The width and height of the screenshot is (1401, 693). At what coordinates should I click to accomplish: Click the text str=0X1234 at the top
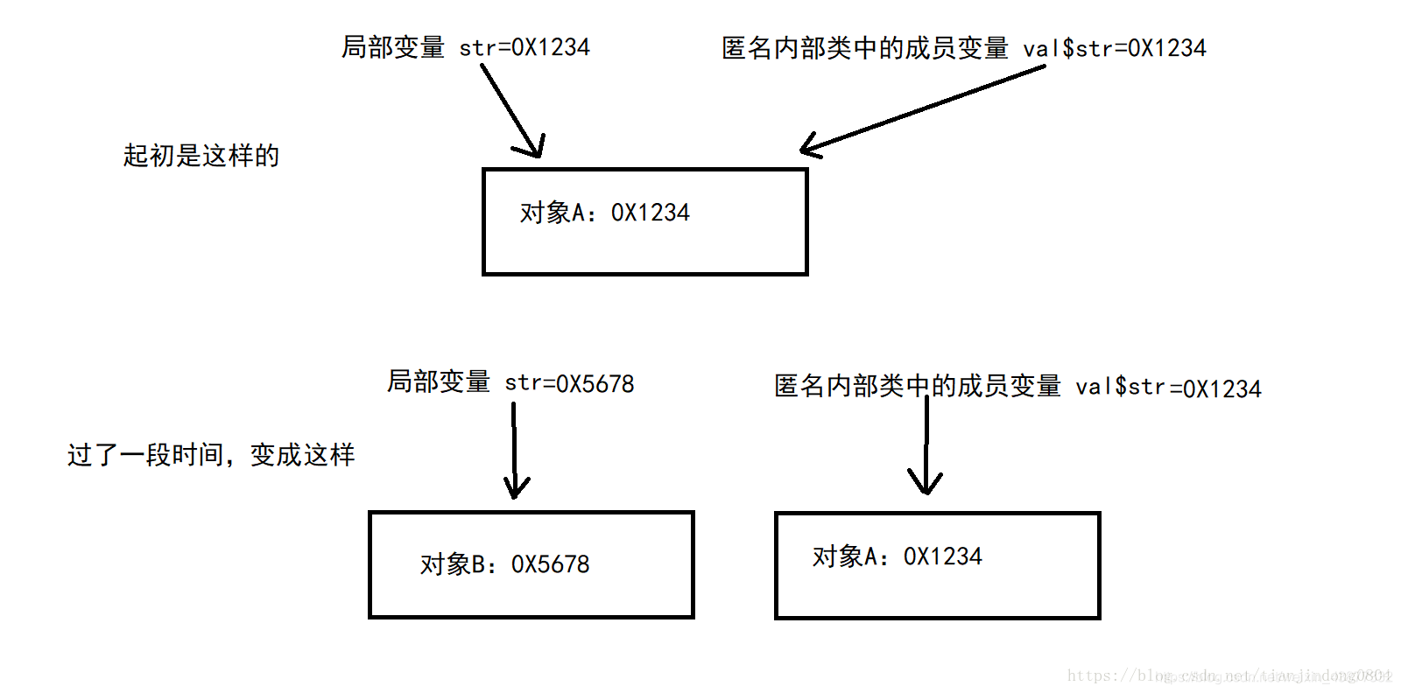(x=524, y=47)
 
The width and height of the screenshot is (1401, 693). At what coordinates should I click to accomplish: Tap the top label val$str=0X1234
(x=1114, y=48)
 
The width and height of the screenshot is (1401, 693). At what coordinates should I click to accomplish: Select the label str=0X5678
(x=569, y=383)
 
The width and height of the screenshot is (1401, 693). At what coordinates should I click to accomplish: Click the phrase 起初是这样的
(x=201, y=156)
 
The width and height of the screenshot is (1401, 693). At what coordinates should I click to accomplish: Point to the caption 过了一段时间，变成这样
(x=211, y=455)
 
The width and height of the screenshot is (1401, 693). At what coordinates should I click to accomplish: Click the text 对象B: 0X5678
(x=504, y=564)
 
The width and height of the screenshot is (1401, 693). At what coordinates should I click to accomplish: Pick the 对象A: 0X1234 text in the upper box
(x=604, y=213)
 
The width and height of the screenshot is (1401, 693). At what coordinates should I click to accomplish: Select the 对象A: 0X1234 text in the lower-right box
(x=897, y=556)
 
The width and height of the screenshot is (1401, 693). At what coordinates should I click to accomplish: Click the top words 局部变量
(x=393, y=47)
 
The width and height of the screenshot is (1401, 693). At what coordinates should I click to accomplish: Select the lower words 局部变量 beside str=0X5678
(x=439, y=381)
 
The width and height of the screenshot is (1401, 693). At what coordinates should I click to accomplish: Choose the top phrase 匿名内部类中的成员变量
(x=864, y=48)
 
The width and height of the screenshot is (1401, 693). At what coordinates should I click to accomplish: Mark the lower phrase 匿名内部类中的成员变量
(x=917, y=386)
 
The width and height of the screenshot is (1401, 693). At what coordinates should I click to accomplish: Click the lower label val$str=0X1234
(x=1168, y=388)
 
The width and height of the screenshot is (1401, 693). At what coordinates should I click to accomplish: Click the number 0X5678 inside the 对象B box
(x=550, y=564)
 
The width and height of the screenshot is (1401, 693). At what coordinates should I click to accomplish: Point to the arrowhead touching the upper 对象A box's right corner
(x=811, y=148)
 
